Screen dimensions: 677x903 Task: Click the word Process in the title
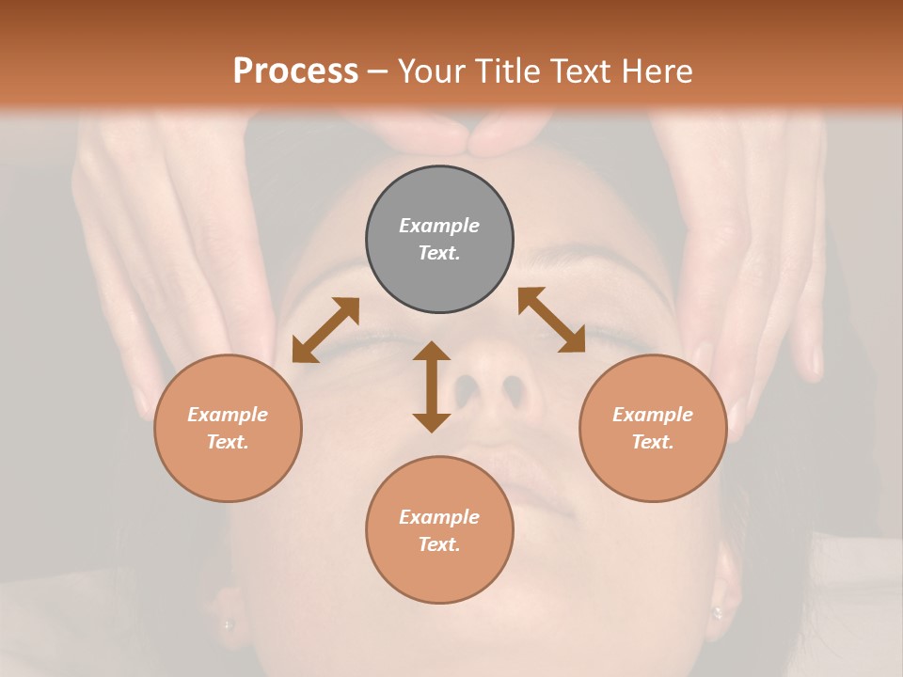(x=295, y=71)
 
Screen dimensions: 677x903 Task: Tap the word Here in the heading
(x=657, y=71)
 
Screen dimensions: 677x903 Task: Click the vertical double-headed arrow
(x=432, y=386)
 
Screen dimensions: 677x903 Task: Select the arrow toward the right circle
(x=551, y=320)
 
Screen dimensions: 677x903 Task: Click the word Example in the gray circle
(x=439, y=226)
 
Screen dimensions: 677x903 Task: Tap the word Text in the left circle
(x=228, y=442)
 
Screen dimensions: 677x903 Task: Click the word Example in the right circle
(x=653, y=415)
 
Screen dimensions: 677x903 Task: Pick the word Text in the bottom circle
(x=439, y=544)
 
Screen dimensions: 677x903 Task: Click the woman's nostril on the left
(x=467, y=388)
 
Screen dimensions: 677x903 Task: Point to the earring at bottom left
(x=227, y=623)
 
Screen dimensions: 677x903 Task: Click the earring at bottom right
(x=717, y=612)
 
